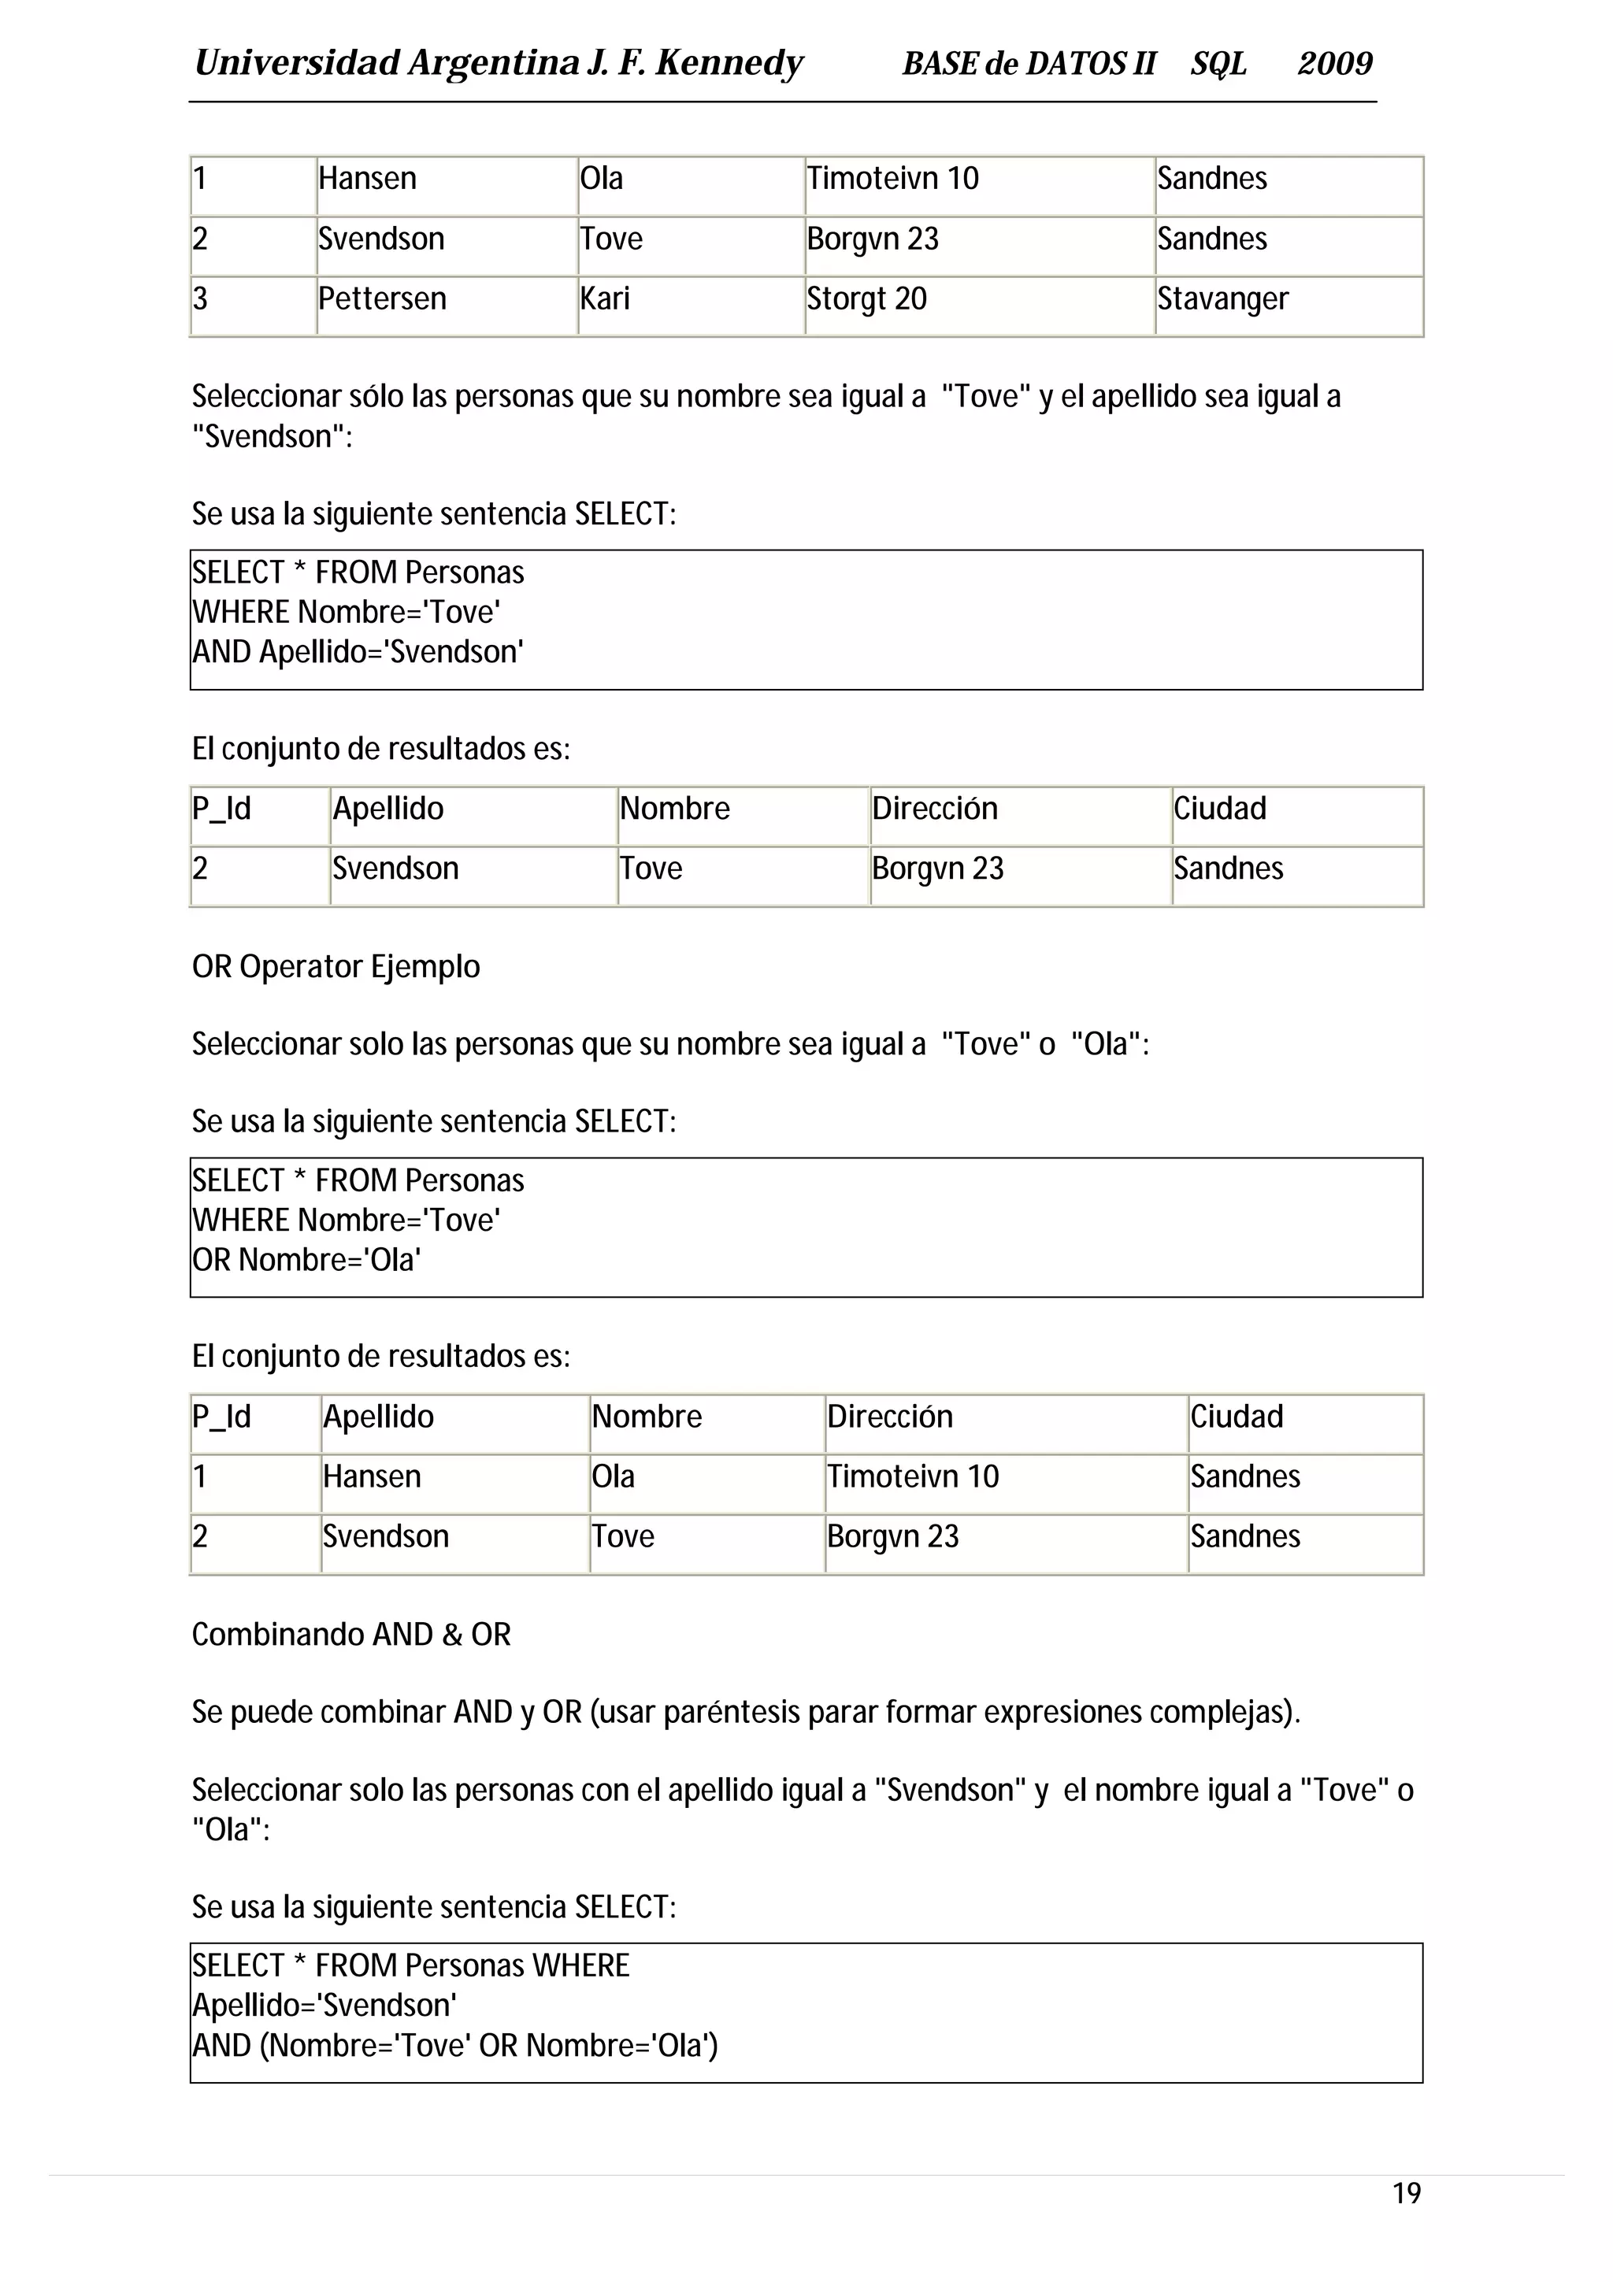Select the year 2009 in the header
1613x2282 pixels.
coord(1335,64)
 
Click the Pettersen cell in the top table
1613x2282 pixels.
coord(383,299)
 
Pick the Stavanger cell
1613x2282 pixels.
coord(1222,299)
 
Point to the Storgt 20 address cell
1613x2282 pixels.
coord(866,299)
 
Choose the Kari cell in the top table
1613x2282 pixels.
coord(605,299)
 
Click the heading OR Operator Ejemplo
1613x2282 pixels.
coord(336,966)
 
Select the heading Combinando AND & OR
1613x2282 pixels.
coord(350,1634)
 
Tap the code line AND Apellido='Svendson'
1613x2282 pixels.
coord(358,652)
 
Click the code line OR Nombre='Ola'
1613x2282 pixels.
coord(306,1260)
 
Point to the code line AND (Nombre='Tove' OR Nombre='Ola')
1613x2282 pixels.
coord(455,2046)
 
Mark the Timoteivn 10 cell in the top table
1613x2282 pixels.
coord(892,179)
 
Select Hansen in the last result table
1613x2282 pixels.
coord(372,1477)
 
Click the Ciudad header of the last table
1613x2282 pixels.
coord(1237,1417)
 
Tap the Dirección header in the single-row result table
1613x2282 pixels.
coord(934,808)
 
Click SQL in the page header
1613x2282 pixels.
coord(1218,64)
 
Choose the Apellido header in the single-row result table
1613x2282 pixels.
coord(387,808)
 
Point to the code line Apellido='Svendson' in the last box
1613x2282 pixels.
coord(324,2006)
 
